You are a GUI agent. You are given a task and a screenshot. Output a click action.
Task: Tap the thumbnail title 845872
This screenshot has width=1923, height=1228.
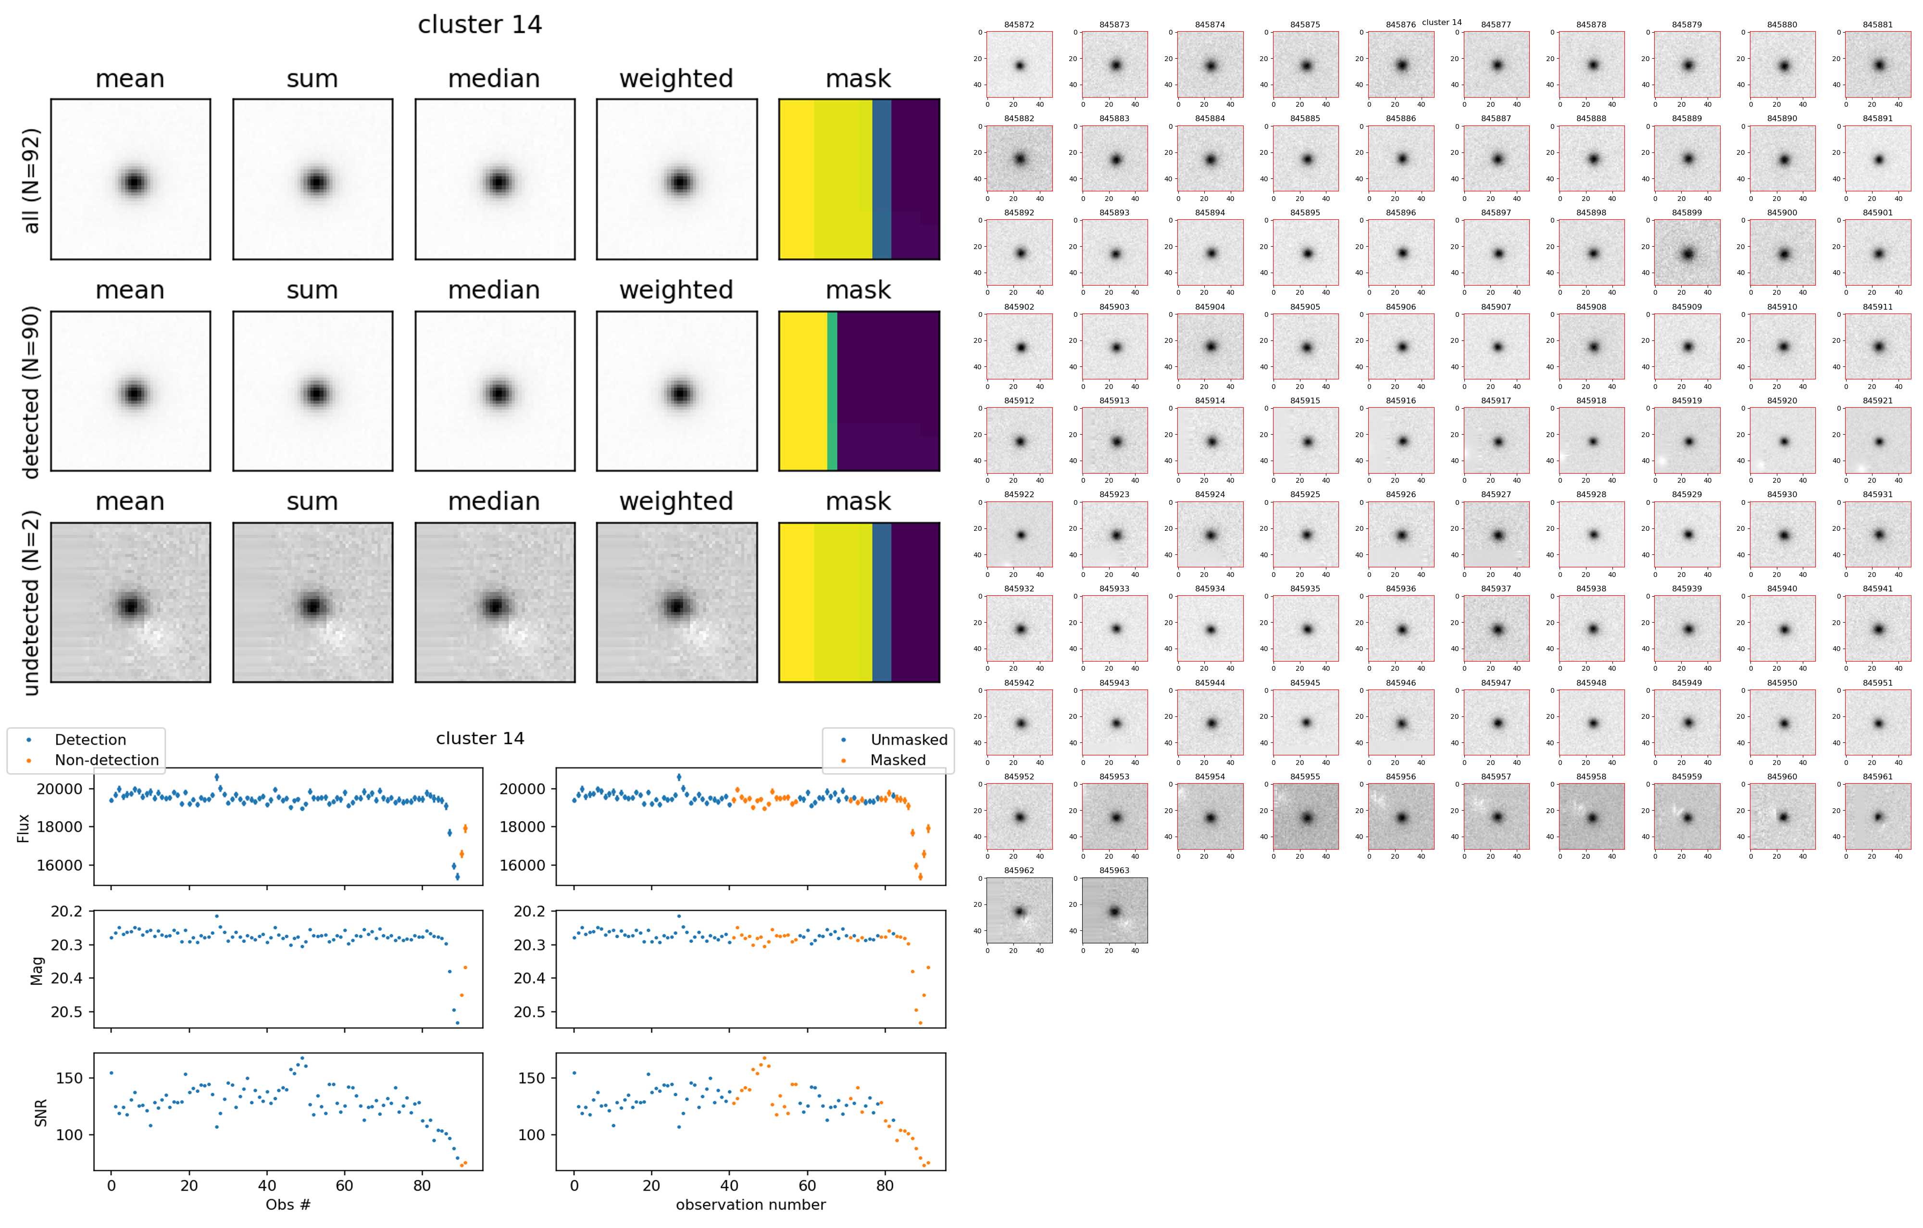(x=1019, y=25)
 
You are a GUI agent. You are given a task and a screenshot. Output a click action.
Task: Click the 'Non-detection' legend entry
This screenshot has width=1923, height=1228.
(x=106, y=760)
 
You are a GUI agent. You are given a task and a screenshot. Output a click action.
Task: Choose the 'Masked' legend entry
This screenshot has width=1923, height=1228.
(x=898, y=760)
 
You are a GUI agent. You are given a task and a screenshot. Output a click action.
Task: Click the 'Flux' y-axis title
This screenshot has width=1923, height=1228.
(x=23, y=828)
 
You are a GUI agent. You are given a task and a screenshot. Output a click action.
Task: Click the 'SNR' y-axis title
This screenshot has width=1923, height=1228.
(x=41, y=1112)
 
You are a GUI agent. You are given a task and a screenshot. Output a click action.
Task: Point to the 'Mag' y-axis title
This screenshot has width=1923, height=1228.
(x=37, y=971)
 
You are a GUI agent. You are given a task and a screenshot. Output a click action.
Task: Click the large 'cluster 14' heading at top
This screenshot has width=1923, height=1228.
(x=480, y=25)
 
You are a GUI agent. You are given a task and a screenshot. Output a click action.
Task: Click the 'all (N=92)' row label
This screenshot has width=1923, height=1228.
(x=31, y=180)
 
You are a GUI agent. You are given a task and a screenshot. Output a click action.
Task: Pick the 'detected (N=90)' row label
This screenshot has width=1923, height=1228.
(x=31, y=391)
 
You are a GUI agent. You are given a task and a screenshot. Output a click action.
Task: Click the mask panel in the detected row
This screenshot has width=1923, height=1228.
(x=859, y=391)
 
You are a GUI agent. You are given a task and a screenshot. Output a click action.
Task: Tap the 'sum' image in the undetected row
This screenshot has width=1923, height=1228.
(x=312, y=603)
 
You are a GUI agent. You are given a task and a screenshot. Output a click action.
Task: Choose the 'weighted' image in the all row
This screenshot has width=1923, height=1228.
(x=676, y=180)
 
